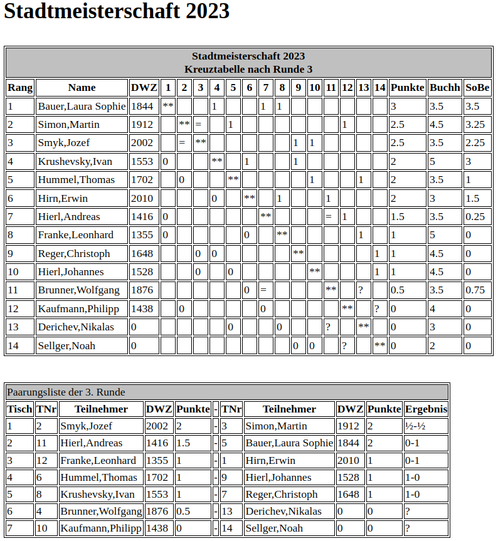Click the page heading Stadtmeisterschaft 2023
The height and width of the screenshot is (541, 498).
pyautogui.click(x=117, y=12)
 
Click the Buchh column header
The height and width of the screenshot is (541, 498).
pyautogui.click(x=445, y=88)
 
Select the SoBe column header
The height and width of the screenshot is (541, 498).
pyautogui.click(x=477, y=88)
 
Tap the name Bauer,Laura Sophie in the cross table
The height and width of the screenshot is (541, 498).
pyautogui.click(x=82, y=107)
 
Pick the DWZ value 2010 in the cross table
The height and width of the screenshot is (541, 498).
pyautogui.click(x=142, y=199)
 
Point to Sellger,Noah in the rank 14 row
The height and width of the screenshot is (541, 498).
pyautogui.click(x=66, y=346)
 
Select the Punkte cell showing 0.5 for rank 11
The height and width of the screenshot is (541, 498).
pyautogui.click(x=397, y=291)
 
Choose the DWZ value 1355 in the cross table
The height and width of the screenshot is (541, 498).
pyautogui.click(x=142, y=236)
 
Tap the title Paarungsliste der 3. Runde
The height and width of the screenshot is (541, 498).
pyautogui.click(x=66, y=392)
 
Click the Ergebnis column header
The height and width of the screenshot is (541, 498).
pyautogui.click(x=426, y=409)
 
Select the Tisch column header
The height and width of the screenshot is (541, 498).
pyautogui.click(x=19, y=409)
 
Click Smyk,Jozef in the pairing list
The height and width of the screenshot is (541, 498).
pyautogui.click(x=86, y=426)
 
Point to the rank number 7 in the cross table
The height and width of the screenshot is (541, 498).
pyautogui.click(x=11, y=217)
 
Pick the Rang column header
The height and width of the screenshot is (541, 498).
pyautogui.click(x=20, y=88)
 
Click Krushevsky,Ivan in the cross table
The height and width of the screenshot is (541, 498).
pyautogui.click(x=75, y=162)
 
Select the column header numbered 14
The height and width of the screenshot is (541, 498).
pyautogui.click(x=379, y=88)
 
